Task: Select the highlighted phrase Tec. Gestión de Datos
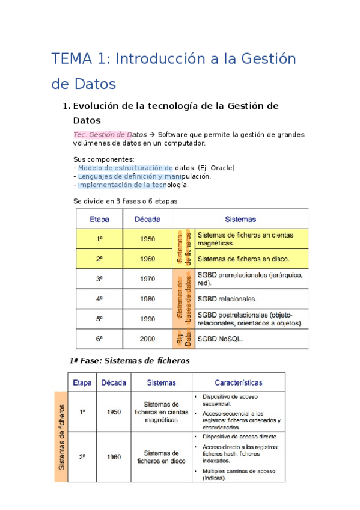pos(110,135)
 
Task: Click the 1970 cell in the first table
pos(147,279)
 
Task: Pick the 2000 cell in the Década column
pos(147,339)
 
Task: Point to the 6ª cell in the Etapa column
pos(99,339)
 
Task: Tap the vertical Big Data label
pos(183,339)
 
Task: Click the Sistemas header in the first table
pos(240,220)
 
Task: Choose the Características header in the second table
pos(238,382)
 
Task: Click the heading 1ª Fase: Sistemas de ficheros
pos(130,361)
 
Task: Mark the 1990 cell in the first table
pos(147,319)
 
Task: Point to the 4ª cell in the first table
pos(99,299)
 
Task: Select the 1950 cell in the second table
pos(114,412)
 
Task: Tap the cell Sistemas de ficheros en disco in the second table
pos(161,457)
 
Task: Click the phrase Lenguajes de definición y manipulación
pos(144,177)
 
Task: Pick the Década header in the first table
pos(147,220)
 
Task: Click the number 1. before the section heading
pos(67,106)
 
